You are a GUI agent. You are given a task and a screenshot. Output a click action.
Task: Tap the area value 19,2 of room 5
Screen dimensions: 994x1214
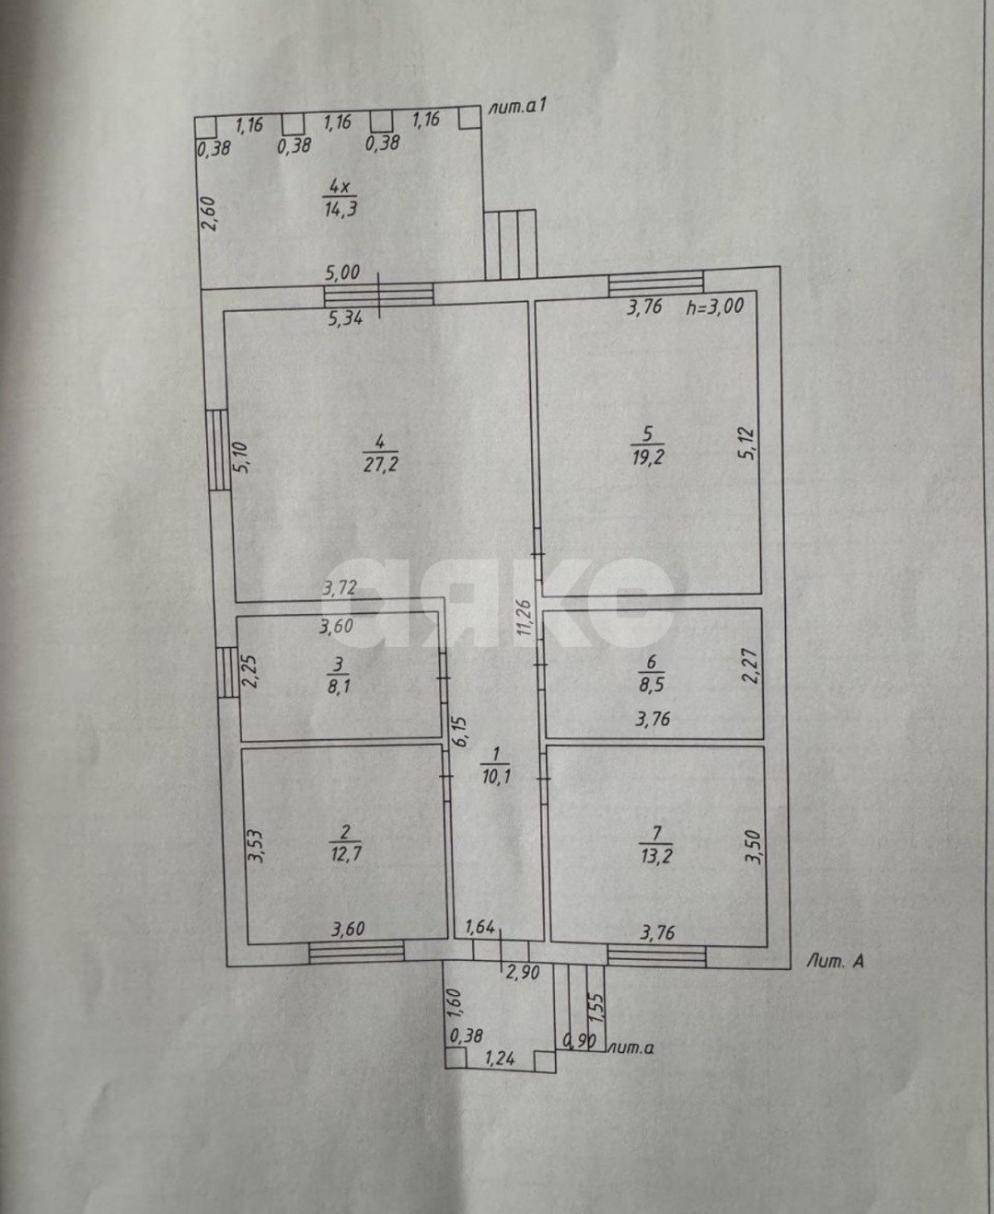point(648,457)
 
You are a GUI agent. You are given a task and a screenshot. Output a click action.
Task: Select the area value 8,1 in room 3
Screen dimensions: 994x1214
point(339,687)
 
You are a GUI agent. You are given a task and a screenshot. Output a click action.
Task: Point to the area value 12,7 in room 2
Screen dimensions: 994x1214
point(346,853)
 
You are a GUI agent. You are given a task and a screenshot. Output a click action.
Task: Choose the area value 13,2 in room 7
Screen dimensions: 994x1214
point(657,856)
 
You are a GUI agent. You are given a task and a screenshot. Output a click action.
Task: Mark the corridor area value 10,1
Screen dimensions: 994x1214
point(496,778)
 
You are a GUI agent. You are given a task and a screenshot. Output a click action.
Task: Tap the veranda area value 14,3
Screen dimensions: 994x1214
point(341,208)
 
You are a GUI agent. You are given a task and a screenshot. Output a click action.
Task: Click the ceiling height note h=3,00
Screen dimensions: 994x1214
point(715,306)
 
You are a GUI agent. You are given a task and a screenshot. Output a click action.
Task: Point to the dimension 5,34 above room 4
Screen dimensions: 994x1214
point(345,318)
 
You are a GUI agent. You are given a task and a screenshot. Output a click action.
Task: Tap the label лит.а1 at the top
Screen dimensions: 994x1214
point(517,107)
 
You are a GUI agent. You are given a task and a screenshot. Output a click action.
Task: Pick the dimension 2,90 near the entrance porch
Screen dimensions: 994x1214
point(523,973)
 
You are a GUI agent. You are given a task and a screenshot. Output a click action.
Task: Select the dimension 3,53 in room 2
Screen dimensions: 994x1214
point(255,846)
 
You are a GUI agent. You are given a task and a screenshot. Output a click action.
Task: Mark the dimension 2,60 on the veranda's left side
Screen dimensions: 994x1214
point(210,214)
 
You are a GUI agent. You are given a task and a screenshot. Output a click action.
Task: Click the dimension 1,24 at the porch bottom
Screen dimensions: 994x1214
point(500,1058)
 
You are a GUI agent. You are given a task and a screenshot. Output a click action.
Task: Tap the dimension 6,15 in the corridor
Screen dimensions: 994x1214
point(458,733)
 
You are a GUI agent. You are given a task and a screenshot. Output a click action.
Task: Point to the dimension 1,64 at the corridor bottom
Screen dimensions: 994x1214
point(480,928)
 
